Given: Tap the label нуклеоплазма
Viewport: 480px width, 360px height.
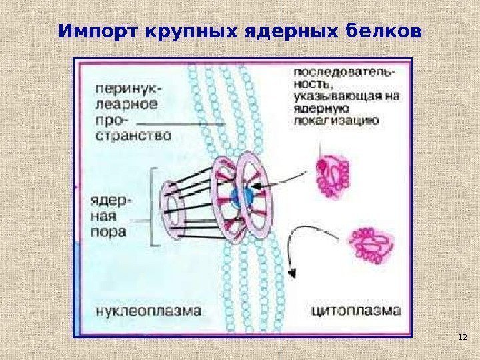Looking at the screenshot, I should [x=148, y=310].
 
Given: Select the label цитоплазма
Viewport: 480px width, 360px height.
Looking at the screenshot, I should [x=356, y=310].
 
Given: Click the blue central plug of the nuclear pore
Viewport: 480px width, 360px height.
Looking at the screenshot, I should [x=241, y=195].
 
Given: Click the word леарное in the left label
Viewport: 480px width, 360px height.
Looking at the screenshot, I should [x=125, y=105].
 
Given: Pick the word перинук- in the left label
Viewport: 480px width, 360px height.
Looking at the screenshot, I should [x=125, y=89].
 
